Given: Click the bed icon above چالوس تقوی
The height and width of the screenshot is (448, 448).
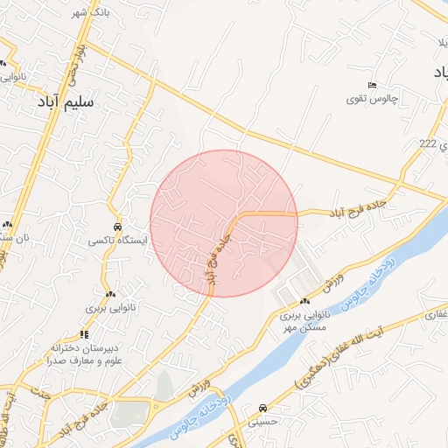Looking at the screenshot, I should coord(373,85).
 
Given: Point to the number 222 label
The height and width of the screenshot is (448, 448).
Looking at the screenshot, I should coord(427,143).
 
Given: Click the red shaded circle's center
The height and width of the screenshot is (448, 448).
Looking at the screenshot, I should coord(224,223).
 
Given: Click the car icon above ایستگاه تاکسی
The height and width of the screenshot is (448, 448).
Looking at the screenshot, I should coord(119,224).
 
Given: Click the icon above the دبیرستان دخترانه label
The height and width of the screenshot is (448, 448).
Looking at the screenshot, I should coord(84,333).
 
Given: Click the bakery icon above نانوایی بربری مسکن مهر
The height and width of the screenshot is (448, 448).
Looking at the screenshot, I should coord(304,301).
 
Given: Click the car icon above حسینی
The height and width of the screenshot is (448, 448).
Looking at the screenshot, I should coord(263,408).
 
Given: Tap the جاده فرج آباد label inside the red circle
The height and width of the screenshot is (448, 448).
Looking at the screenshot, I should coord(216,255).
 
